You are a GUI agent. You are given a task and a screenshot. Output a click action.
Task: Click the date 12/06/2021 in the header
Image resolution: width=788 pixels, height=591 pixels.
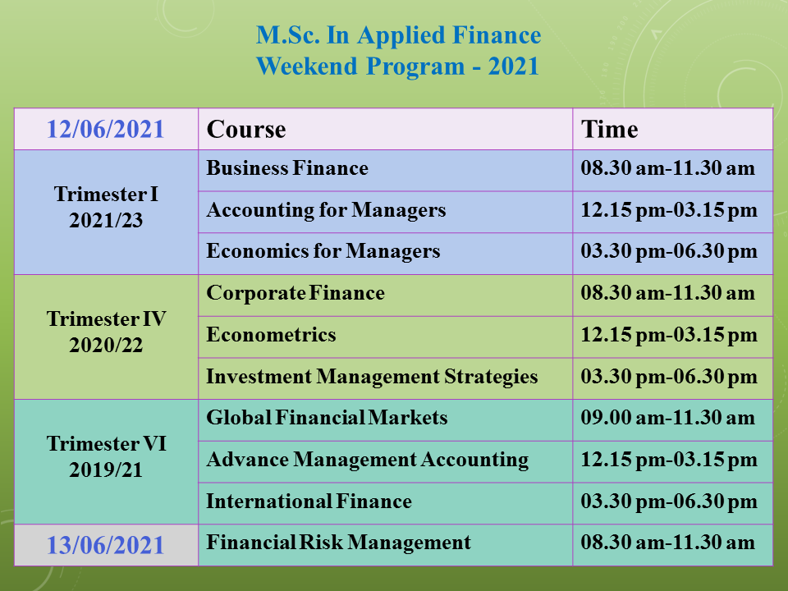point(106,129)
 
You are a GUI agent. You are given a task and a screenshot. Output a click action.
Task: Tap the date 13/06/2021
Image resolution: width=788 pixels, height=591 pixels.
point(106,545)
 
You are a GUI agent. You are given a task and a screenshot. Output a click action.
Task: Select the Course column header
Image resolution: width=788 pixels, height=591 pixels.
point(246,129)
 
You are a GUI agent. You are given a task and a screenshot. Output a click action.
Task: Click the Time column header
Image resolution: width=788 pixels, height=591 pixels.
point(610,129)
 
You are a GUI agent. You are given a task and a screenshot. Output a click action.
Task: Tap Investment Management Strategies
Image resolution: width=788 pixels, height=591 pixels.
point(373,377)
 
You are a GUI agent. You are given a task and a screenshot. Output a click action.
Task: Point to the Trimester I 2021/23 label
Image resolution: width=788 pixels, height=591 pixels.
point(106,207)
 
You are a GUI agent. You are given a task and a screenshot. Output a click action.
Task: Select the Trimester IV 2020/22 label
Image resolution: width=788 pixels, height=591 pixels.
point(106,332)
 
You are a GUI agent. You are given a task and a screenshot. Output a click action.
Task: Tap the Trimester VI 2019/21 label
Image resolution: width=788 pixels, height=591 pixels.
point(106,456)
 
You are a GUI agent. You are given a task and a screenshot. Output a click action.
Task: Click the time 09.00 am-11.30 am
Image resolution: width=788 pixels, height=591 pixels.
point(668,418)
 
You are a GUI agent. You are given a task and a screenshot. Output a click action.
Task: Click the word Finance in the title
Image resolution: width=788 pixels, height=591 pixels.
point(497,35)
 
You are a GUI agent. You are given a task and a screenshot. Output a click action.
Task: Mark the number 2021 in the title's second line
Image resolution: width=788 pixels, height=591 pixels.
point(514,66)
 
